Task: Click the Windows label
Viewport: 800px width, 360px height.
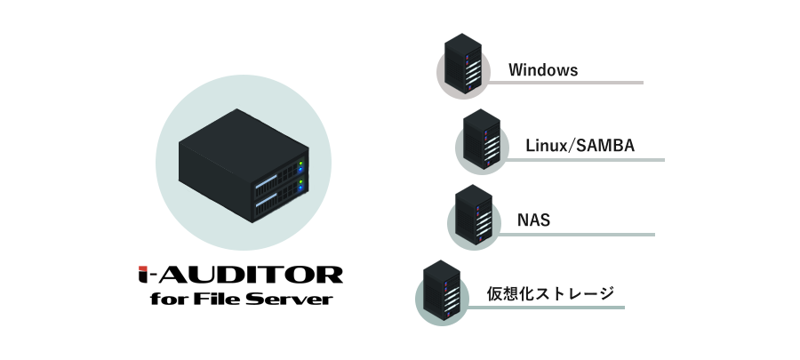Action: click(543, 70)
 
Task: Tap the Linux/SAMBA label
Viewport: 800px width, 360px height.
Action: click(580, 145)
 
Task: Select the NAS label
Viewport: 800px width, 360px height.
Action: click(533, 220)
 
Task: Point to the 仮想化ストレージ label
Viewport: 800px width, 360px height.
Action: click(550, 293)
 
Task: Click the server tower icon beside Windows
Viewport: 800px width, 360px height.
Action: click(463, 63)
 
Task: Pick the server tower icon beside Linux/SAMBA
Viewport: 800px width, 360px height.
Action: click(482, 139)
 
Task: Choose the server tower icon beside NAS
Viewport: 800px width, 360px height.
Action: click(474, 214)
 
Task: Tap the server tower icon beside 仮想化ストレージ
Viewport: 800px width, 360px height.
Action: click(442, 290)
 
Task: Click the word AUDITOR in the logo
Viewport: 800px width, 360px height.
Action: click(253, 275)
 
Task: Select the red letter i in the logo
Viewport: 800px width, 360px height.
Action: click(145, 275)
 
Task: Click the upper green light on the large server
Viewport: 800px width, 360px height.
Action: click(301, 164)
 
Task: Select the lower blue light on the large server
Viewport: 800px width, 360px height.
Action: click(301, 188)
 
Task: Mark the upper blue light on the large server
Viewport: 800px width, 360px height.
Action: click(301, 170)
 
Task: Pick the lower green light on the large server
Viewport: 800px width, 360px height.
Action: click(301, 182)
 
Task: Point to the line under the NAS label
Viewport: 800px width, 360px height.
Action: click(574, 235)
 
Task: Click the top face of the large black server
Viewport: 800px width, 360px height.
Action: click(244, 139)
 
